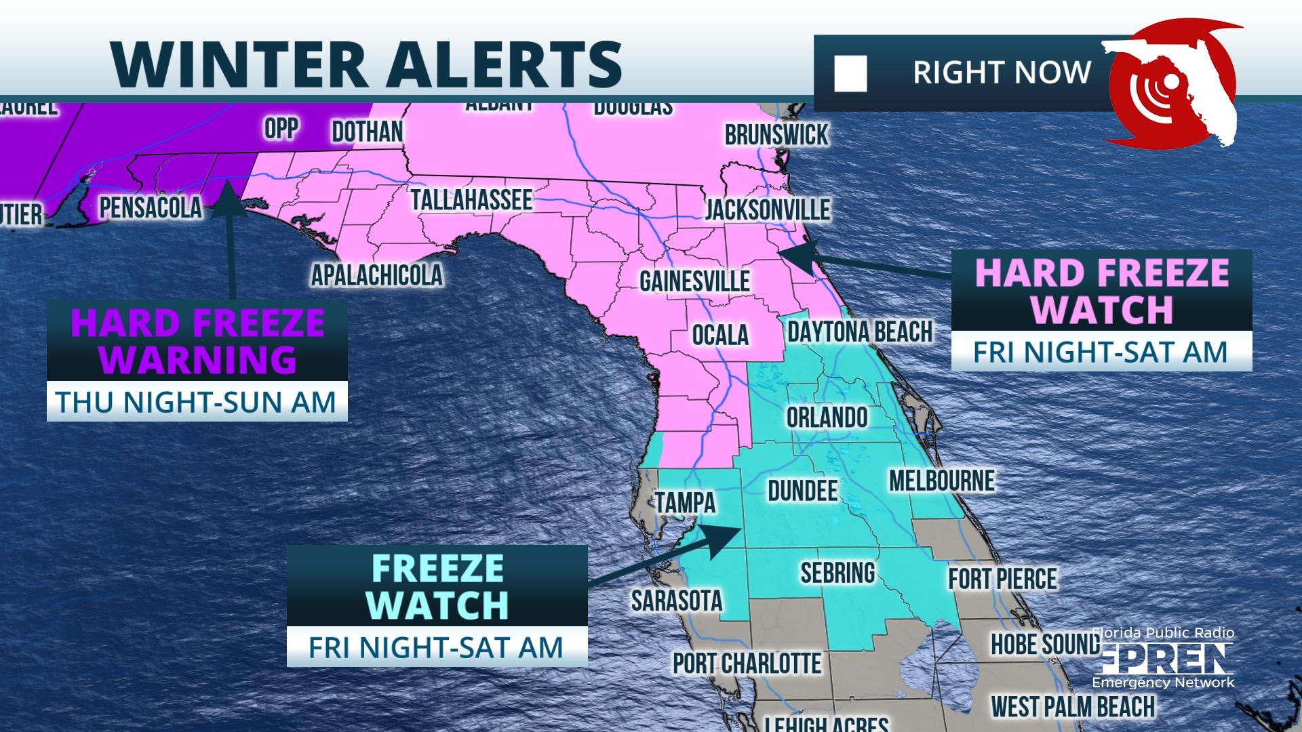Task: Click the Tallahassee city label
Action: pyautogui.click(x=471, y=200)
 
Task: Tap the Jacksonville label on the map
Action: pyautogui.click(x=767, y=209)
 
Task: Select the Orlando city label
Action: pyautogui.click(x=827, y=418)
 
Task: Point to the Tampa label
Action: pyautogui.click(x=685, y=503)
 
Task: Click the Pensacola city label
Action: pyautogui.click(x=151, y=208)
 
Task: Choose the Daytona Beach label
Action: pyautogui.click(x=859, y=332)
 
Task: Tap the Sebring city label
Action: pyautogui.click(x=837, y=573)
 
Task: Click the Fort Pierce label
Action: pyautogui.click(x=1002, y=579)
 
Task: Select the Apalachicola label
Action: pyautogui.click(x=376, y=275)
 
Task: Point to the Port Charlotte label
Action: pyautogui.click(x=747, y=663)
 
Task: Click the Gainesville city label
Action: pyautogui.click(x=694, y=281)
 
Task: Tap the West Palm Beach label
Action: pyautogui.click(x=1073, y=707)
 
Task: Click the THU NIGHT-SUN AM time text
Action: pyautogui.click(x=197, y=402)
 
